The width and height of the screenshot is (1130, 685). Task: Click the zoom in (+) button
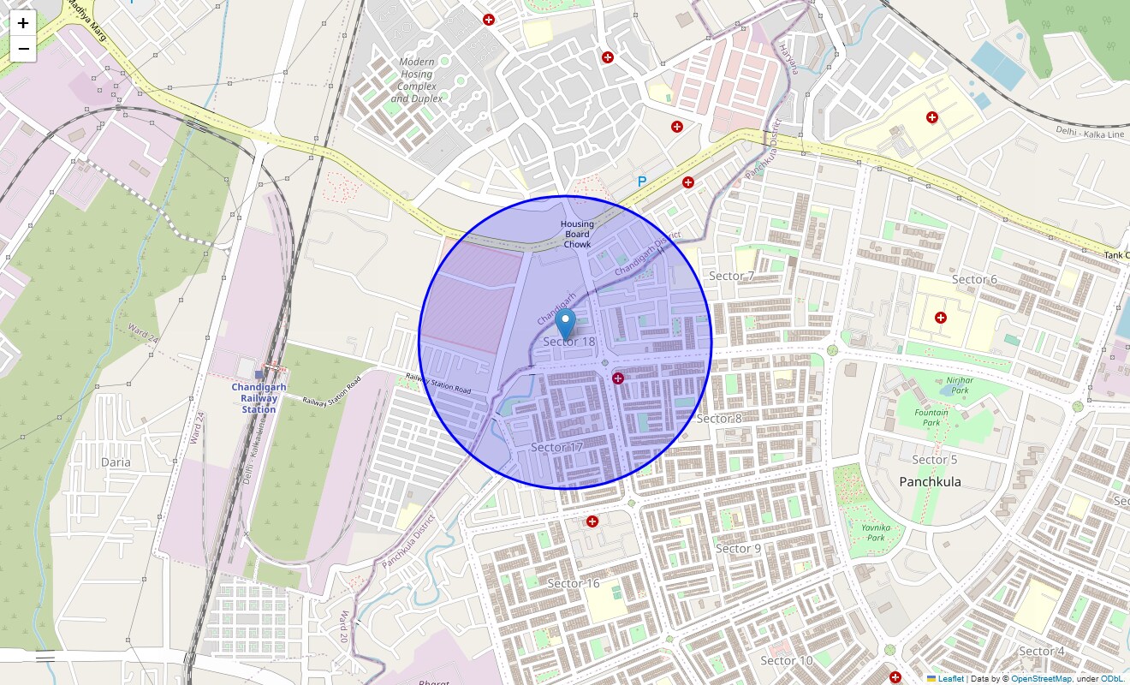click(x=23, y=23)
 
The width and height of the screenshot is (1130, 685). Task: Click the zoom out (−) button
click(x=23, y=49)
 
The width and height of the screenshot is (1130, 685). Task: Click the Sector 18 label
click(x=568, y=342)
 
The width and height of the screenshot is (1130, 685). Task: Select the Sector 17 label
click(x=556, y=447)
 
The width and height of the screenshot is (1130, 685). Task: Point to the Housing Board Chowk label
click(x=577, y=235)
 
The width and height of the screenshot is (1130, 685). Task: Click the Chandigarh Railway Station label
click(x=259, y=398)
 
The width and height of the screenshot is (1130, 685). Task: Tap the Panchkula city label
click(x=930, y=481)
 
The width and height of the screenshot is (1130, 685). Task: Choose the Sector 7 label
click(x=732, y=276)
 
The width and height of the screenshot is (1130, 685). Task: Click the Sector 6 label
click(x=974, y=279)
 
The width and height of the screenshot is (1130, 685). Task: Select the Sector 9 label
click(x=738, y=548)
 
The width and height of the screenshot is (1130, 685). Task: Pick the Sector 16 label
click(x=574, y=583)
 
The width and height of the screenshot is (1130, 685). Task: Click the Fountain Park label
click(x=931, y=417)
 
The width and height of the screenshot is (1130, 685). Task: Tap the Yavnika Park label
click(x=876, y=533)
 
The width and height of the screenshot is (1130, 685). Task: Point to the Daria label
click(x=116, y=462)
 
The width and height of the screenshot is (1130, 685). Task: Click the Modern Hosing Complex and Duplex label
click(x=417, y=80)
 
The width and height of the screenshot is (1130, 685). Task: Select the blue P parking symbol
click(x=642, y=182)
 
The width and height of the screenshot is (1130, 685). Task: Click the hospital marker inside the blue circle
click(x=618, y=378)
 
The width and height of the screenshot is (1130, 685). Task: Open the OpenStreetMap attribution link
click(x=1041, y=679)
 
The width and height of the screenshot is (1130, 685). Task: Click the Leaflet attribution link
click(x=950, y=679)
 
